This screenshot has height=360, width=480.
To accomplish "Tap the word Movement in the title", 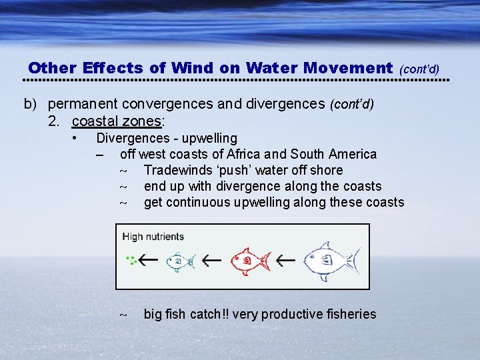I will pyautogui.click(x=347, y=68).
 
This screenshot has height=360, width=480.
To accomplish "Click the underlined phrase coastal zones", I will pyautogui.click(x=117, y=121).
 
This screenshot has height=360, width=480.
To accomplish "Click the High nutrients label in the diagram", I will pyautogui.click(x=153, y=237).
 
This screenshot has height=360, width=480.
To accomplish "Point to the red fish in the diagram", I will pyautogui.click(x=249, y=260).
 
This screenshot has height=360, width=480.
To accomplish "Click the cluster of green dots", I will pyautogui.click(x=132, y=261).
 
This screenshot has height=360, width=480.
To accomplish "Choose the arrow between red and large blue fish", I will pyautogui.click(x=285, y=259).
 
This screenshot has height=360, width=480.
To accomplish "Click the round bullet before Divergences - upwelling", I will pyautogui.click(x=77, y=138).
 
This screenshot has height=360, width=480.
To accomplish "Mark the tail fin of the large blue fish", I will pyautogui.click(x=355, y=260).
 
